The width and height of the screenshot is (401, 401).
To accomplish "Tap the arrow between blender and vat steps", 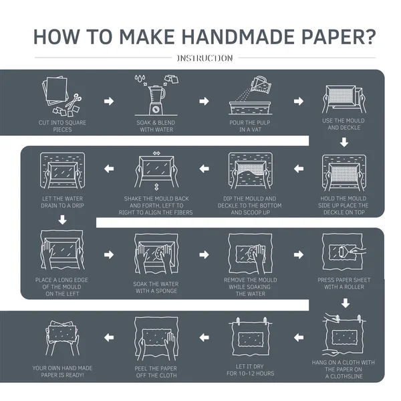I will pyautogui.click(x=203, y=101).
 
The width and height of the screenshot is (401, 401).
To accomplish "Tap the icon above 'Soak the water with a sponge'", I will pyautogui.click(x=155, y=254).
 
